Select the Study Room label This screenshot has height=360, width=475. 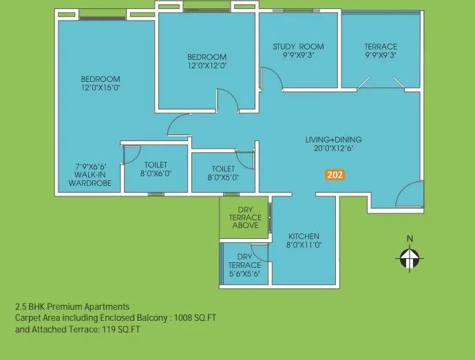pyautogui.click(x=298, y=47)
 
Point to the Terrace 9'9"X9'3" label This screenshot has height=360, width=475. pyautogui.click(x=381, y=51)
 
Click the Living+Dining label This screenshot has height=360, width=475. pyautogui.click(x=333, y=140)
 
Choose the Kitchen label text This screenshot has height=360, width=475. pyautogui.click(x=304, y=236)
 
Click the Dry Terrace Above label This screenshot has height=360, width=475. pyautogui.click(x=246, y=218)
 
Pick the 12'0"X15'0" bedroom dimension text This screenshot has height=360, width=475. pyautogui.click(x=101, y=88)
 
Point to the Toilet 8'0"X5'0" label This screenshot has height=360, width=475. pyautogui.click(x=224, y=173)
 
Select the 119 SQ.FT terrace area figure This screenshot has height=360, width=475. pyautogui.click(x=107, y=330)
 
